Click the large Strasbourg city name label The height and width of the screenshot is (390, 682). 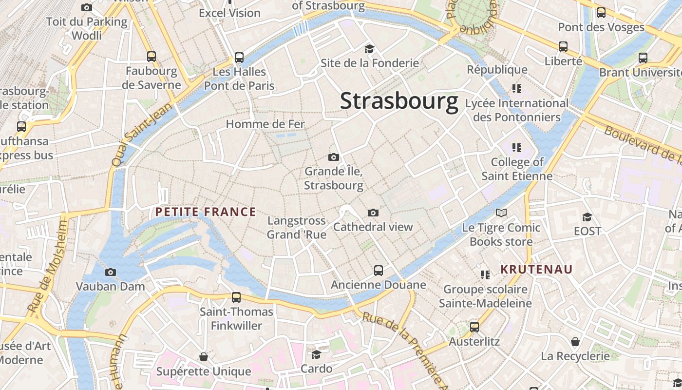399,101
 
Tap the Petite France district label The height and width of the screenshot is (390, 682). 205,212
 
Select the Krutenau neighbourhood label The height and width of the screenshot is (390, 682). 536,269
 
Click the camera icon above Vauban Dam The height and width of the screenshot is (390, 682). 111,272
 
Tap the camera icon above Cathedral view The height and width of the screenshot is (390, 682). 373,213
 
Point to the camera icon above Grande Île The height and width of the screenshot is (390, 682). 334,157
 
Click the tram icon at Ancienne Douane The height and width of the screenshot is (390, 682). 379,270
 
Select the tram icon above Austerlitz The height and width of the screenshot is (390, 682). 474,327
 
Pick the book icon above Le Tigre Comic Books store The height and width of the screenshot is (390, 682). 501,213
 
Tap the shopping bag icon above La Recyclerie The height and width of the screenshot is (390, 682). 575,341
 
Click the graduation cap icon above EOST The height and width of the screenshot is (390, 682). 587,216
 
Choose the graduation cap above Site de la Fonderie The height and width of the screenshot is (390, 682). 369,49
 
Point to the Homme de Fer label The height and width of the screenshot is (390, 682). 265,124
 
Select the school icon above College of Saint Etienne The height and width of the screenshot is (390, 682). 517,147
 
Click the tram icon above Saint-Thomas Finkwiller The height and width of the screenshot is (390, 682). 236,297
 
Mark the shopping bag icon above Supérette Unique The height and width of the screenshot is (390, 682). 204,357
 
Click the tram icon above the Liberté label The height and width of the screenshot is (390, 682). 563,47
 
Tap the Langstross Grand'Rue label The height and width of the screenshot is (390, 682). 296,228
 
